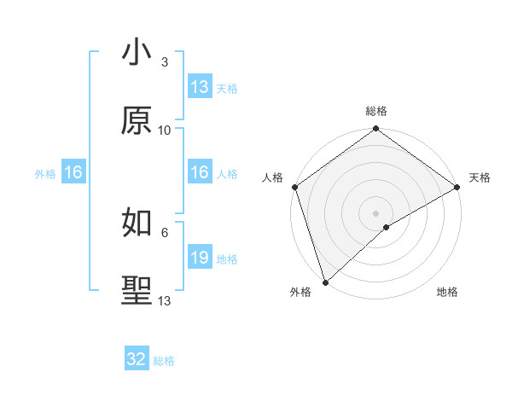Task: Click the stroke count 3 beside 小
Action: tap(165, 62)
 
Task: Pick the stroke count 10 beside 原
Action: tap(165, 131)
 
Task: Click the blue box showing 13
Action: tap(200, 87)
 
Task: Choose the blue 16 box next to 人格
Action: tap(200, 172)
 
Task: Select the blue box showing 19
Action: tap(200, 258)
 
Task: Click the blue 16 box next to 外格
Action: tap(73, 172)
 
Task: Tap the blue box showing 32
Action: tap(137, 359)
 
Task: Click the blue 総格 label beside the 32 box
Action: tap(164, 361)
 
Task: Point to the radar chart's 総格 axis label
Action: tap(376, 111)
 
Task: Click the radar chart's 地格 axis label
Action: tap(447, 293)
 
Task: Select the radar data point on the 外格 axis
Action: tap(325, 282)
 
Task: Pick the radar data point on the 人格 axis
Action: tap(294, 187)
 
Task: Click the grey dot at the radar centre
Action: tap(375, 212)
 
